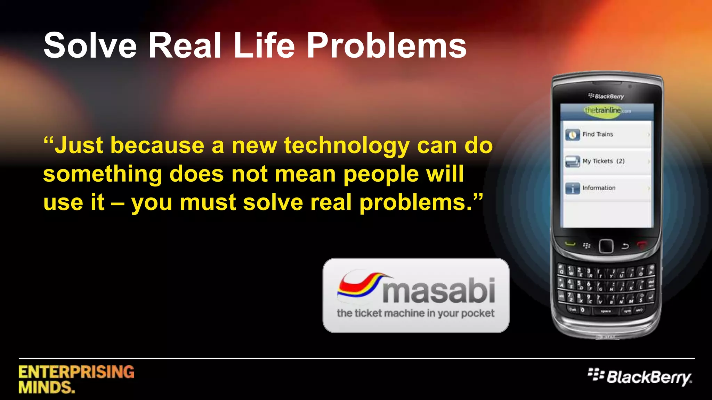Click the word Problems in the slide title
(386, 46)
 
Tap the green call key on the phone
(570, 244)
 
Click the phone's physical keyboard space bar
(605, 311)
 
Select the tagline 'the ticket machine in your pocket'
(415, 313)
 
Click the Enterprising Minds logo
(76, 379)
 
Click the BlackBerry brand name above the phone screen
(606, 96)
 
